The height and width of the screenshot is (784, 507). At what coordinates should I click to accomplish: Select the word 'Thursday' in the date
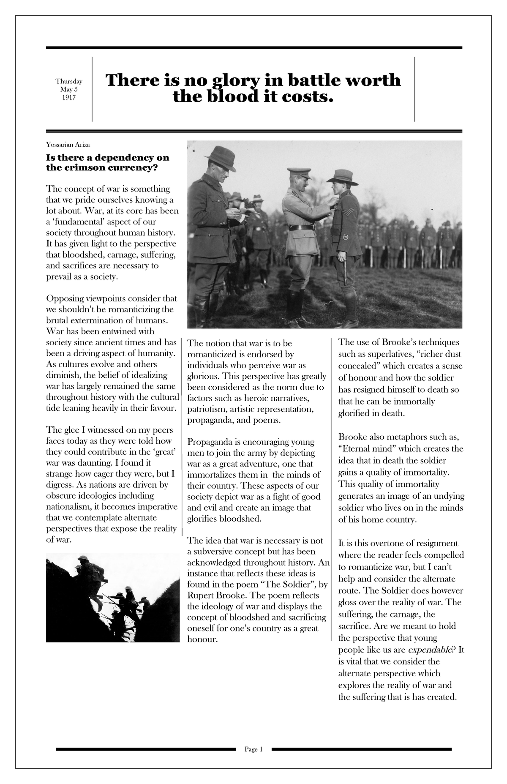69,82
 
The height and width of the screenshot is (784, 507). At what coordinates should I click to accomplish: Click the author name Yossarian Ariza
68,145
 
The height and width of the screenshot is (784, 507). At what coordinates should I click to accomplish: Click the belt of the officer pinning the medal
300,227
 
